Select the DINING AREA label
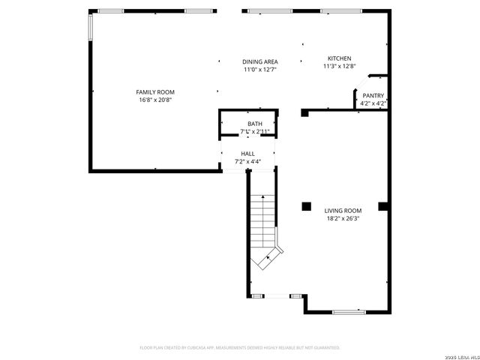click(260, 61)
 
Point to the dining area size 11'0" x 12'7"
click(260, 70)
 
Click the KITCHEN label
click(339, 58)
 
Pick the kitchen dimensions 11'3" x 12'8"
click(339, 66)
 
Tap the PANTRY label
click(373, 95)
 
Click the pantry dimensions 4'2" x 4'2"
click(373, 103)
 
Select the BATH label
click(255, 124)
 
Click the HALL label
click(247, 153)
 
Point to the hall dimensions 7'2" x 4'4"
click(247, 161)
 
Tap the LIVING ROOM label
click(343, 211)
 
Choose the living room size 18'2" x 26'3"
click(343, 219)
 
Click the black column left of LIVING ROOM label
click(306, 206)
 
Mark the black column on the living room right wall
click(382, 205)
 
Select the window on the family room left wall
click(91, 28)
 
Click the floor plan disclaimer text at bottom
click(240, 348)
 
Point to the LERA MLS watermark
click(460, 355)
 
